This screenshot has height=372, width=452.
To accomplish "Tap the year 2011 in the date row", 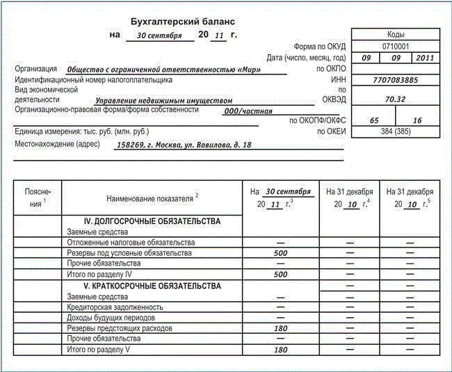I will click(x=424, y=58).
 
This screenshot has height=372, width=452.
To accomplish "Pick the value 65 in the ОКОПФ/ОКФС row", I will click(x=374, y=120).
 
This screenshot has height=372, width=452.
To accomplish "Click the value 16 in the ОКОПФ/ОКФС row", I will click(x=417, y=120).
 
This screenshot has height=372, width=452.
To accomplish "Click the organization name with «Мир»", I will click(x=176, y=70).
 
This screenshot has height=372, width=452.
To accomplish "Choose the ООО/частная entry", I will click(x=248, y=111).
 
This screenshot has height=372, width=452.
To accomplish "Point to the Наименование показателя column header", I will click(x=150, y=197).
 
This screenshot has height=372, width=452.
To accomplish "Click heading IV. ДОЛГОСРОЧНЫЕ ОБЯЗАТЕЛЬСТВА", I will click(x=151, y=221).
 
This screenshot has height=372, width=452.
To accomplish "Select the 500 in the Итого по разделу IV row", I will click(x=281, y=275).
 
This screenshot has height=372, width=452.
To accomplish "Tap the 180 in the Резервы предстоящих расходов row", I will click(x=281, y=327).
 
